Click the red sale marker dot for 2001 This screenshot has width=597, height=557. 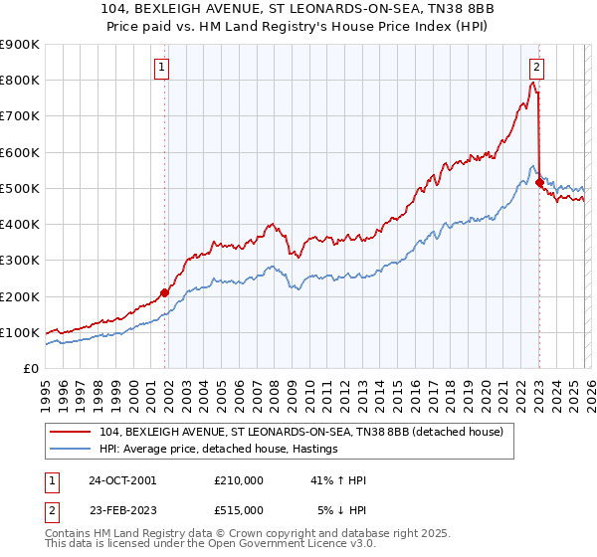tap(165, 292)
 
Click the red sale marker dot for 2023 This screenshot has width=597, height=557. tap(539, 183)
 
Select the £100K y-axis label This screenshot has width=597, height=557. tap(20, 332)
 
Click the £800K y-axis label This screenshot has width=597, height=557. tap(20, 80)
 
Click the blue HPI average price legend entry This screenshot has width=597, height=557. tap(219, 450)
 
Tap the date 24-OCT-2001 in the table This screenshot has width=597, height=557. tap(120, 480)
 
